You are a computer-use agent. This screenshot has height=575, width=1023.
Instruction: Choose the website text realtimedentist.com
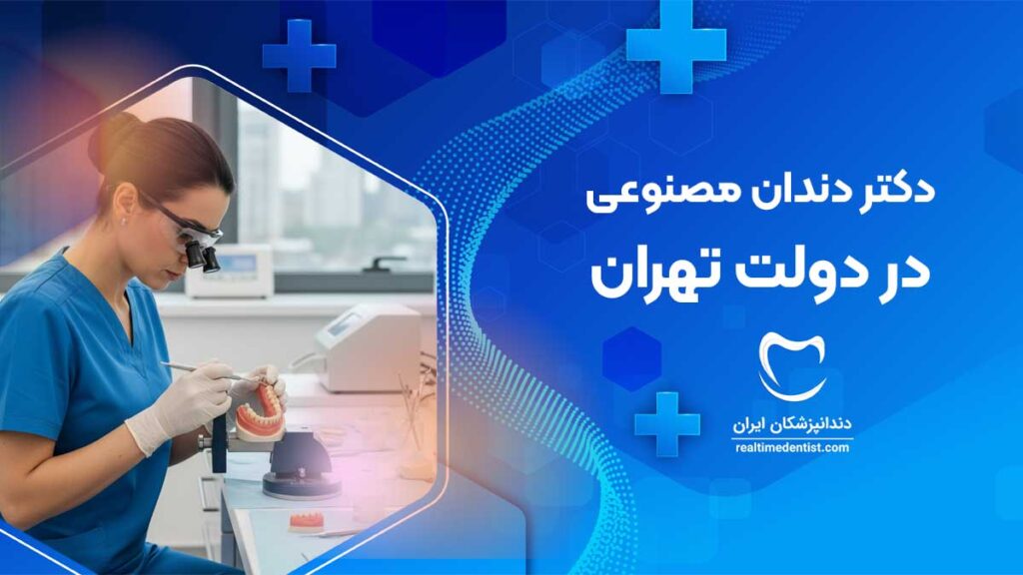(792, 448)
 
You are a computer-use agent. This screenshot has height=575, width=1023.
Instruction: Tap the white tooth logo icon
(792, 366)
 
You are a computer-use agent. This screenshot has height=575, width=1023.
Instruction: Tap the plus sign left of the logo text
(666, 424)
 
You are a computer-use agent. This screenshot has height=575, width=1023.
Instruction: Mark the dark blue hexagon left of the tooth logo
(631, 359)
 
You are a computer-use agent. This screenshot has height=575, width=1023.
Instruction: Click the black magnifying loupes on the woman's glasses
(203, 256)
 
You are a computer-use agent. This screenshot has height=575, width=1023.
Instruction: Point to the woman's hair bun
(108, 140)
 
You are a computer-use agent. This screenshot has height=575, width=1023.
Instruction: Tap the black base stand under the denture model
(301, 464)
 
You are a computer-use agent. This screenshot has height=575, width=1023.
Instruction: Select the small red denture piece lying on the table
(307, 520)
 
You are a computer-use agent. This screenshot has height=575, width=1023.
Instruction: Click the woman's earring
(125, 222)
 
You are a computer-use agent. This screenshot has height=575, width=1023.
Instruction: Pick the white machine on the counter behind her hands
(367, 348)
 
